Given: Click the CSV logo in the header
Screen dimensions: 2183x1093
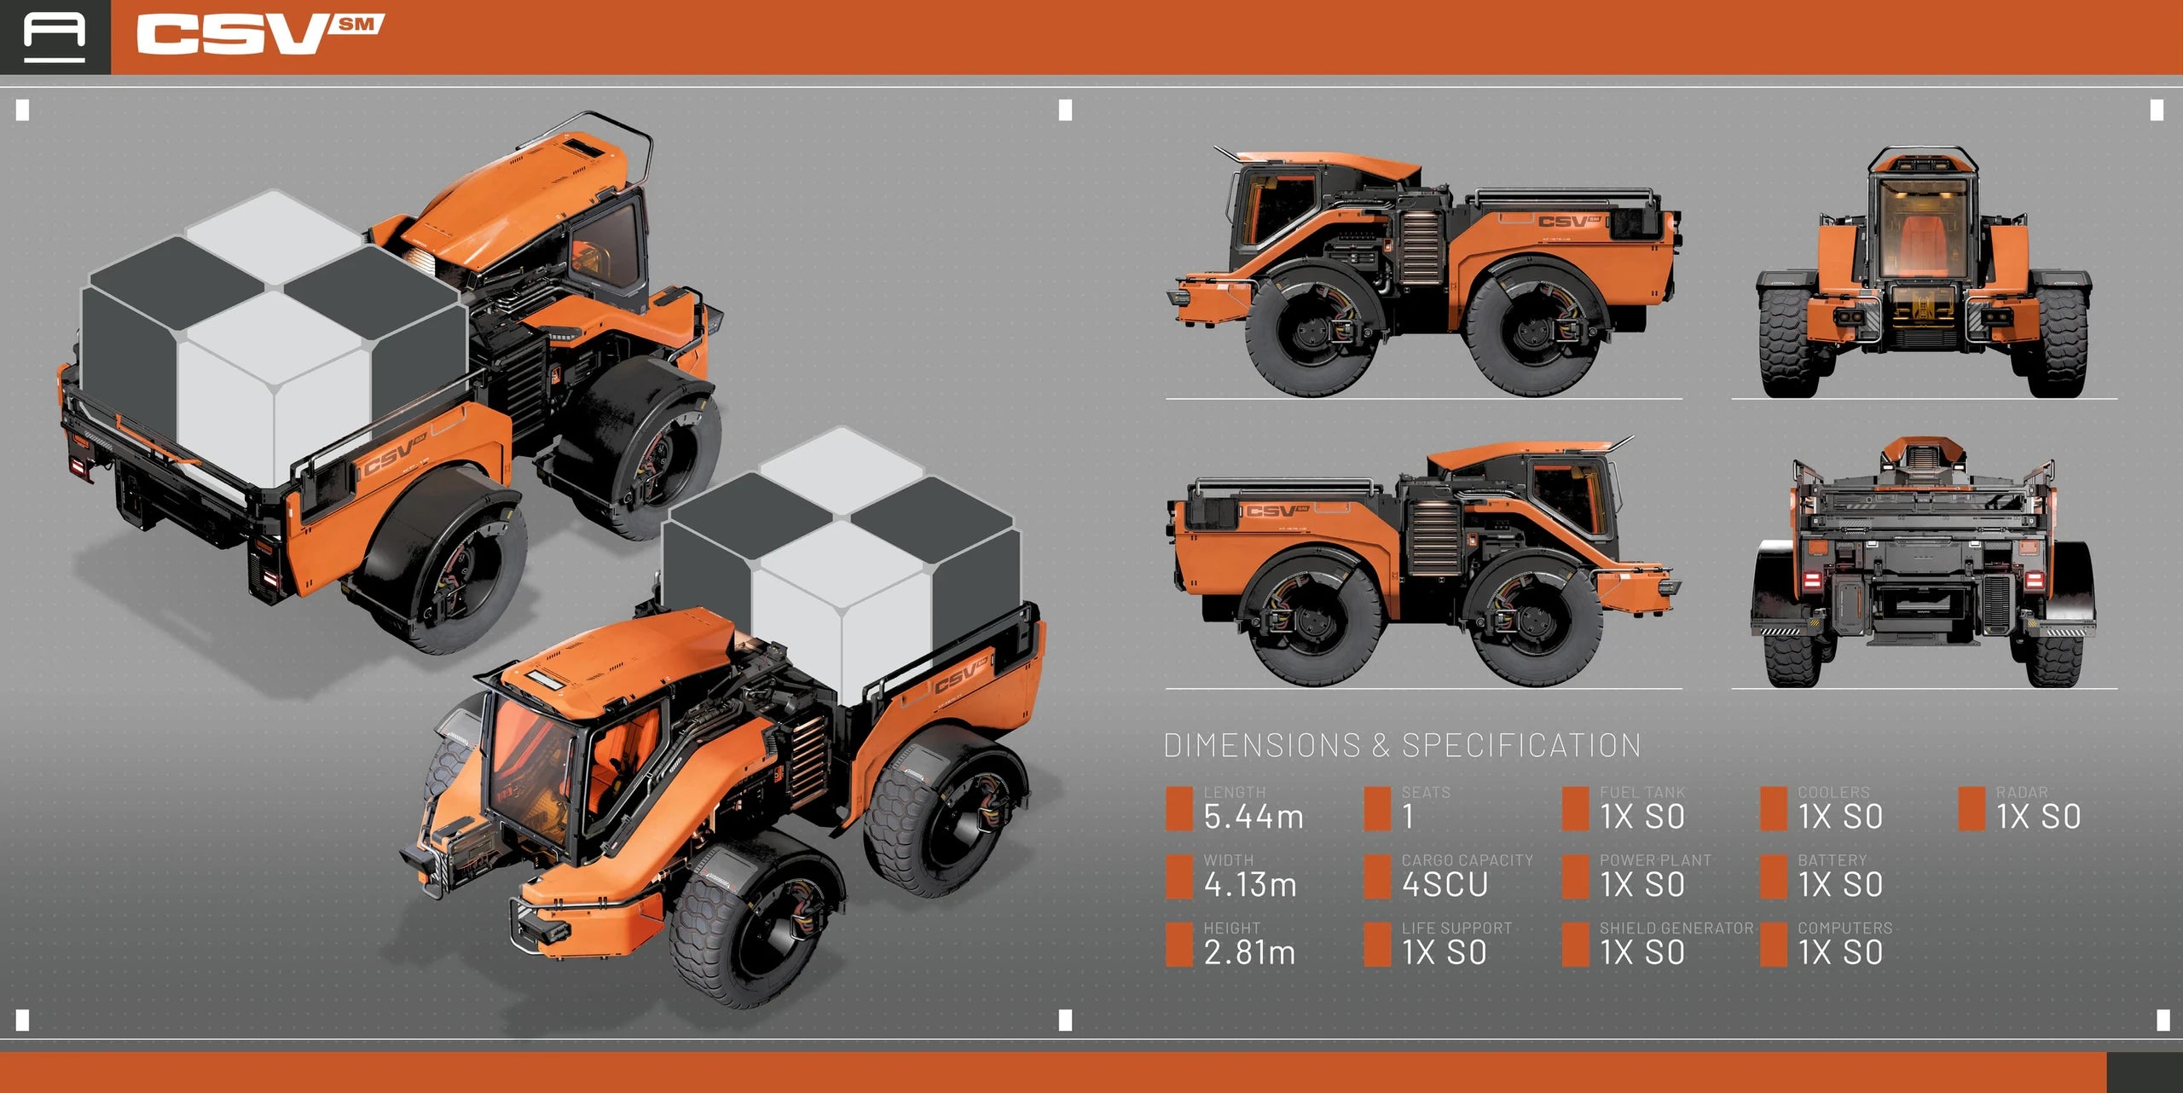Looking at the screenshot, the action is tap(260, 34).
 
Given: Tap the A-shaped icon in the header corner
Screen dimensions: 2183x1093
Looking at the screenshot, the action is tap(55, 37).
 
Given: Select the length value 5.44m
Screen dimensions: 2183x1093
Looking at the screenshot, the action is tap(1254, 817).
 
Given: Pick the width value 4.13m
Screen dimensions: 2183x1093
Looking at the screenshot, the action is tap(1250, 885).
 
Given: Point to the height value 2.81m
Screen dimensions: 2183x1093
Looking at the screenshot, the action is tap(1249, 952).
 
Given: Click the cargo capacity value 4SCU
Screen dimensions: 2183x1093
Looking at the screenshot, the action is tap(1445, 885).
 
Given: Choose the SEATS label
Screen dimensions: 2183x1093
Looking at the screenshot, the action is tap(1426, 792).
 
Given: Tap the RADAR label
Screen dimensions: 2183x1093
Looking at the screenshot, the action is tap(2021, 792).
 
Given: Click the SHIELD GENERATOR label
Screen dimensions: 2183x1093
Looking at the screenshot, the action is tap(1676, 928).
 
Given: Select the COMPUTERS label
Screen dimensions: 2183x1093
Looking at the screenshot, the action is tap(1844, 928).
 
